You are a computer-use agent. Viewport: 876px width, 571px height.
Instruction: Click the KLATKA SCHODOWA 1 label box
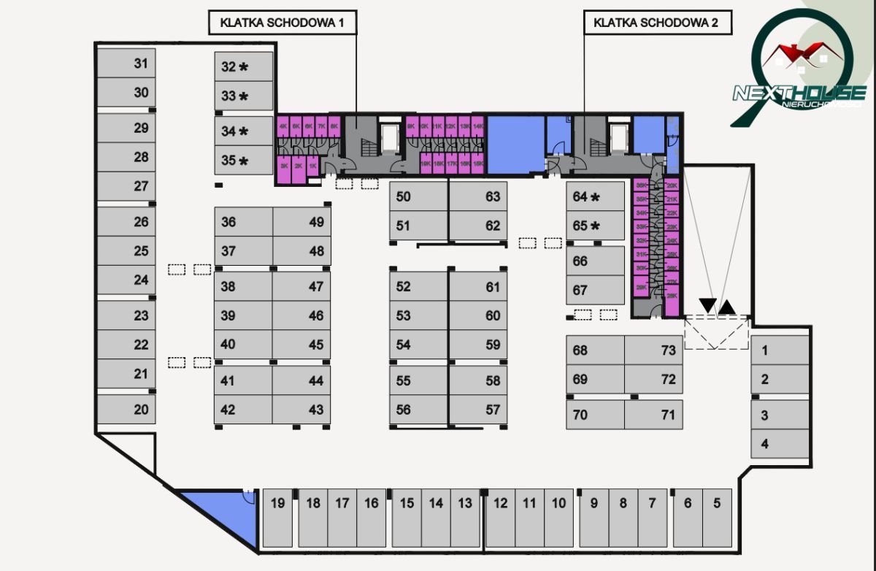pos(283,23)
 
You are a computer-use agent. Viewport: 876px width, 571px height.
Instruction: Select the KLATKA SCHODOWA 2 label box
pos(656,23)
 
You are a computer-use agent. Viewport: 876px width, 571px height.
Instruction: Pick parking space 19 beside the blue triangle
pos(277,517)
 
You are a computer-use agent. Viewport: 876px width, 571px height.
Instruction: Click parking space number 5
pos(717,517)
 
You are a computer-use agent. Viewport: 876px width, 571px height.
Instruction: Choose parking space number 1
pos(780,350)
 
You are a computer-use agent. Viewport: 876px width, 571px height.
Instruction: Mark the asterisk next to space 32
pos(244,67)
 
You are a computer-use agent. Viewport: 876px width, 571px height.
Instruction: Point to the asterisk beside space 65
pos(596,226)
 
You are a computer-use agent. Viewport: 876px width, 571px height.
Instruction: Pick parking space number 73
pos(653,350)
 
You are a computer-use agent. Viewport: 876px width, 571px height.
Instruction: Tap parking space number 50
pos(418,196)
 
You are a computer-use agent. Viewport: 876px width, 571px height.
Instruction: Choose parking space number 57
pos(478,410)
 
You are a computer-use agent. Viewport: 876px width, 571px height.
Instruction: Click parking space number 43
pos(301,410)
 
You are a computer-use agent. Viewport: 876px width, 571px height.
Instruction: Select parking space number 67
pos(595,290)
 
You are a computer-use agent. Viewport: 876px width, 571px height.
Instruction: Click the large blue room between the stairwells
pos(515,145)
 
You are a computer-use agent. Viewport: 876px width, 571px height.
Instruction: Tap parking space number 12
pos(500,517)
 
